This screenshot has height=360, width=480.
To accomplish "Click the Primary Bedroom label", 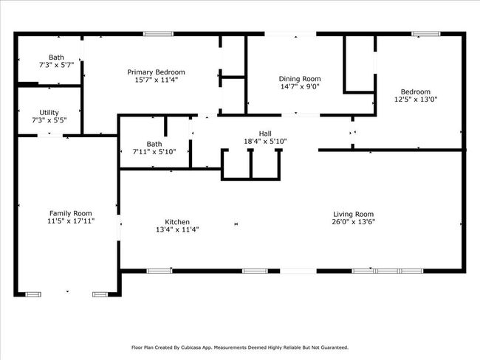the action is tap(156, 72).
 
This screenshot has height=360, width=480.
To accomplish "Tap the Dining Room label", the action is tap(300, 79).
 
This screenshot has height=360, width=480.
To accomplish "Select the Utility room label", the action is tap(49, 113).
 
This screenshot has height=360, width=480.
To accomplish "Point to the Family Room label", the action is tap(71, 213).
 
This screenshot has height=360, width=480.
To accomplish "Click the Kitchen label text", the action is tap(177, 222).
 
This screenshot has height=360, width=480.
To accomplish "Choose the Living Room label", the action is tap(353, 215).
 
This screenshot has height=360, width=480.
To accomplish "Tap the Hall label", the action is tap(265, 134).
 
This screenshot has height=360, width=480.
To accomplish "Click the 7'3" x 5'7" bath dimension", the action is tap(56, 65).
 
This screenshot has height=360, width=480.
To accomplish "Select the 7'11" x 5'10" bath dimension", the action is tap(154, 152).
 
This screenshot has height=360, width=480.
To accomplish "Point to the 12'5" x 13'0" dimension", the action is tap(416, 100).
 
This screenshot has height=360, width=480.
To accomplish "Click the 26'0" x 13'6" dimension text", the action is tap(354, 222).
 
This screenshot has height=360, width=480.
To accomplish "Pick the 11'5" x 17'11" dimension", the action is tap(71, 221).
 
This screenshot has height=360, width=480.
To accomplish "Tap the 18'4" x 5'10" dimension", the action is tap(265, 142).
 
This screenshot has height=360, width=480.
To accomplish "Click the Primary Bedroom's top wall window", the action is tap(158, 34).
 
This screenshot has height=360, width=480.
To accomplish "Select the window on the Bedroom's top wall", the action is tap(426, 34).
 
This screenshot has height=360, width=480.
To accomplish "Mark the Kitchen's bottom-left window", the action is tap(160, 271).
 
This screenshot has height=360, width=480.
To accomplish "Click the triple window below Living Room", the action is tap(387, 271).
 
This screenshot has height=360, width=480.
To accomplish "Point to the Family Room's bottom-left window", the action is tap(33, 294).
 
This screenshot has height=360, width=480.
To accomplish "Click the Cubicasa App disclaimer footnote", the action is tap(240, 347).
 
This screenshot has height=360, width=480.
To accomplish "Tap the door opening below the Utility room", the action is tap(50, 135).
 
